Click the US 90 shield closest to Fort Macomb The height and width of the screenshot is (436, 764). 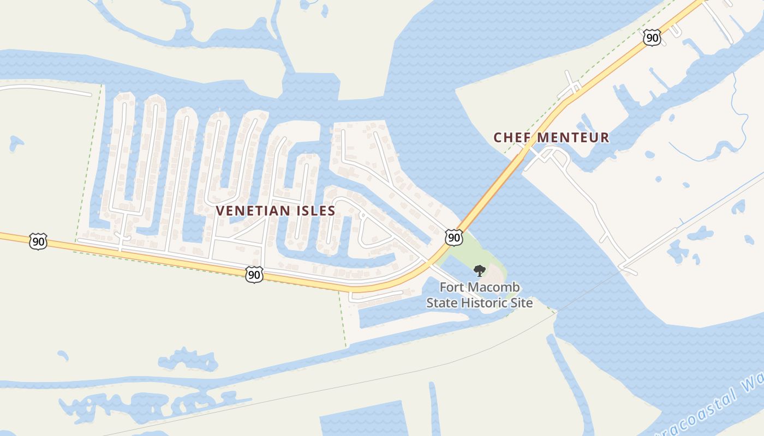[454, 237]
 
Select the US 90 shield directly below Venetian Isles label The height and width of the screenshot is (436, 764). [254, 274]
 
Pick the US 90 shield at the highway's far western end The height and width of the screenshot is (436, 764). [38, 241]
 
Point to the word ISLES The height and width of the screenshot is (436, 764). [314, 211]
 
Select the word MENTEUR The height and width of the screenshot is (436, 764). [572, 138]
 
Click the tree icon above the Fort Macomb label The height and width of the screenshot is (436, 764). [480, 270]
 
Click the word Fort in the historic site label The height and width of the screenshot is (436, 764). [452, 287]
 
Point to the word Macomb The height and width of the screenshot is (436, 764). [493, 287]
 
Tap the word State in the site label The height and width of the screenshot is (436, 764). [441, 302]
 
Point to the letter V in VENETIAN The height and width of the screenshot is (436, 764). [220, 211]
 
